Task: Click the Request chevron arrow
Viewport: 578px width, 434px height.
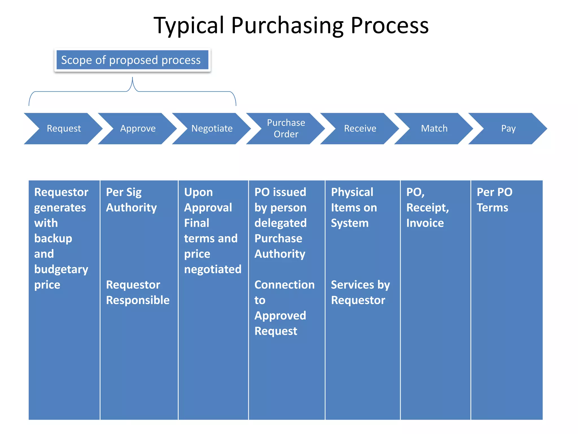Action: [x=64, y=129]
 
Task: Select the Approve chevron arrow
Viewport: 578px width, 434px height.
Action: [x=138, y=129]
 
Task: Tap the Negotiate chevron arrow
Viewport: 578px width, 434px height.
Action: [x=212, y=129]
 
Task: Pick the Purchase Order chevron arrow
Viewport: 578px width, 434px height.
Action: [x=286, y=129]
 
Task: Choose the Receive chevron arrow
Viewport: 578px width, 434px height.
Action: [x=360, y=129]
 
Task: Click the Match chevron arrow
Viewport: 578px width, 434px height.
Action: [x=434, y=129]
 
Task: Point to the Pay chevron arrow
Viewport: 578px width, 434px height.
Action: [x=508, y=129]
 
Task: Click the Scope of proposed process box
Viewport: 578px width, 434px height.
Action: [x=132, y=60]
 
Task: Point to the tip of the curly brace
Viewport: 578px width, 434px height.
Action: [x=132, y=78]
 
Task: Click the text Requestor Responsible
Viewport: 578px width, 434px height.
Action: [x=137, y=292]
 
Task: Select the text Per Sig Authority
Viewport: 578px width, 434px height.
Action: [x=131, y=200]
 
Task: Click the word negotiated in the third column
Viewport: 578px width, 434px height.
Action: [x=213, y=269]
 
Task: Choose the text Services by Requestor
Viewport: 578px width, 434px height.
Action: [x=360, y=292]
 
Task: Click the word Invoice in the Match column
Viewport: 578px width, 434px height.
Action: [x=425, y=223]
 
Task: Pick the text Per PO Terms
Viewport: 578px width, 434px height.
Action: [x=494, y=200]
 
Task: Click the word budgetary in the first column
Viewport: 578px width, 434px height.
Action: [x=61, y=269]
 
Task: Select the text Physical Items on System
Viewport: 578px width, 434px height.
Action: [x=354, y=208]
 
